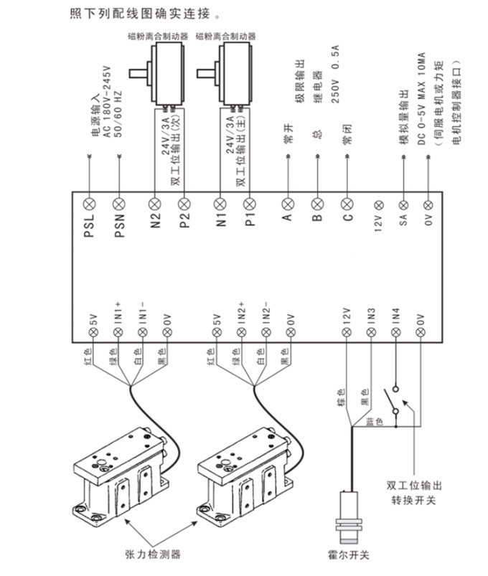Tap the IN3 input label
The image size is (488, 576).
[371, 315]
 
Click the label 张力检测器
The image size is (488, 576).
[153, 554]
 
